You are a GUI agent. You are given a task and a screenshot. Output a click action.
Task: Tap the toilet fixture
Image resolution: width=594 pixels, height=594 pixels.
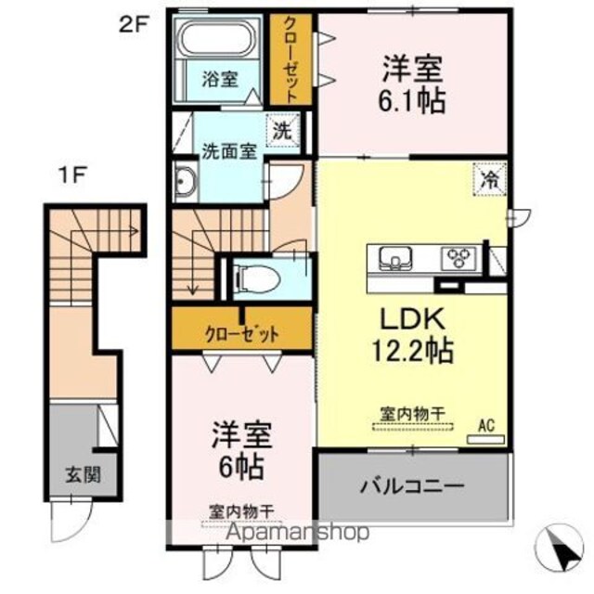pyautogui.click(x=257, y=278)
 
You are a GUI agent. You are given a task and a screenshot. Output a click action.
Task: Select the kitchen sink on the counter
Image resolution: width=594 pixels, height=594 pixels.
pyautogui.click(x=395, y=258)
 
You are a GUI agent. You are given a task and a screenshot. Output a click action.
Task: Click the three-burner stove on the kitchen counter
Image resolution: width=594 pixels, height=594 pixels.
pyautogui.click(x=458, y=258)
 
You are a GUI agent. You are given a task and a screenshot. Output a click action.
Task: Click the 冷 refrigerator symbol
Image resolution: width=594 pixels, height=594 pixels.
pyautogui.click(x=489, y=179)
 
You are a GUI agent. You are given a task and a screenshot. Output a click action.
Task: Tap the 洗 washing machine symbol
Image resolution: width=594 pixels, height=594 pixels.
pyautogui.click(x=282, y=130)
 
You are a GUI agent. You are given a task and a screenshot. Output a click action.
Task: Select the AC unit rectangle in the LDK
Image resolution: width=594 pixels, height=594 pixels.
pyautogui.click(x=485, y=439)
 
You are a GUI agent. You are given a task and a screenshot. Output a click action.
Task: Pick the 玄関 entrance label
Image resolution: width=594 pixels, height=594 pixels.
pyautogui.click(x=84, y=474)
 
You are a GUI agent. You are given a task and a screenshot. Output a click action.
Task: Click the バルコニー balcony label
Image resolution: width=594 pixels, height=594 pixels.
pyautogui.click(x=412, y=486)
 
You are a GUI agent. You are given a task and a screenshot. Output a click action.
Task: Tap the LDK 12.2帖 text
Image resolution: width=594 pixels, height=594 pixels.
pyautogui.click(x=413, y=334)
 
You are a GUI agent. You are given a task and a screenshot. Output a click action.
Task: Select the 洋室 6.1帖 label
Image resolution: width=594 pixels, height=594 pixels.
pyautogui.click(x=412, y=84)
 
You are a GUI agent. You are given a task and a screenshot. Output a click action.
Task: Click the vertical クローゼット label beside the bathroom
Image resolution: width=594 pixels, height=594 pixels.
pyautogui.click(x=291, y=59)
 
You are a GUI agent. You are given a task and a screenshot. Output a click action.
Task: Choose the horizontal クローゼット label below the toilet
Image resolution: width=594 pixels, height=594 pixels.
pyautogui.click(x=241, y=334)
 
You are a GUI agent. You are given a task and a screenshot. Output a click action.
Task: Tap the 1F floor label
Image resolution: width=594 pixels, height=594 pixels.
pyautogui.click(x=72, y=175)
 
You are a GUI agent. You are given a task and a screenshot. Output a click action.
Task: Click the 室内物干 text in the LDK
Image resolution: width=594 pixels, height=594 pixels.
pyautogui.click(x=412, y=414)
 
